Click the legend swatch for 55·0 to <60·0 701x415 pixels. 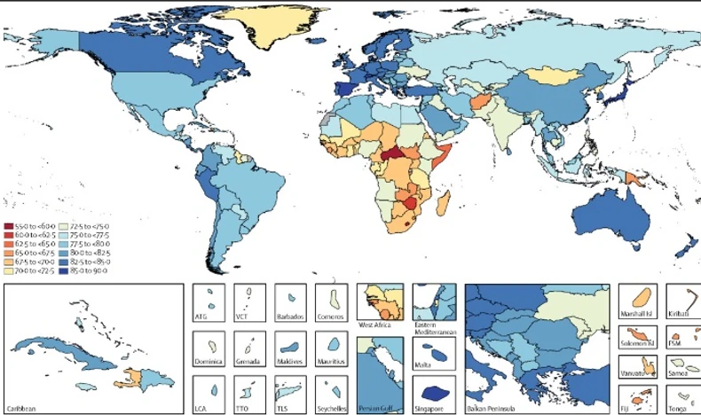(8, 226)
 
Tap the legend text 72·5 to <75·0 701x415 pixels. (86, 226)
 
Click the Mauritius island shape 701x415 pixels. (333, 344)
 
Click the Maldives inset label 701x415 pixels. (290, 363)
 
